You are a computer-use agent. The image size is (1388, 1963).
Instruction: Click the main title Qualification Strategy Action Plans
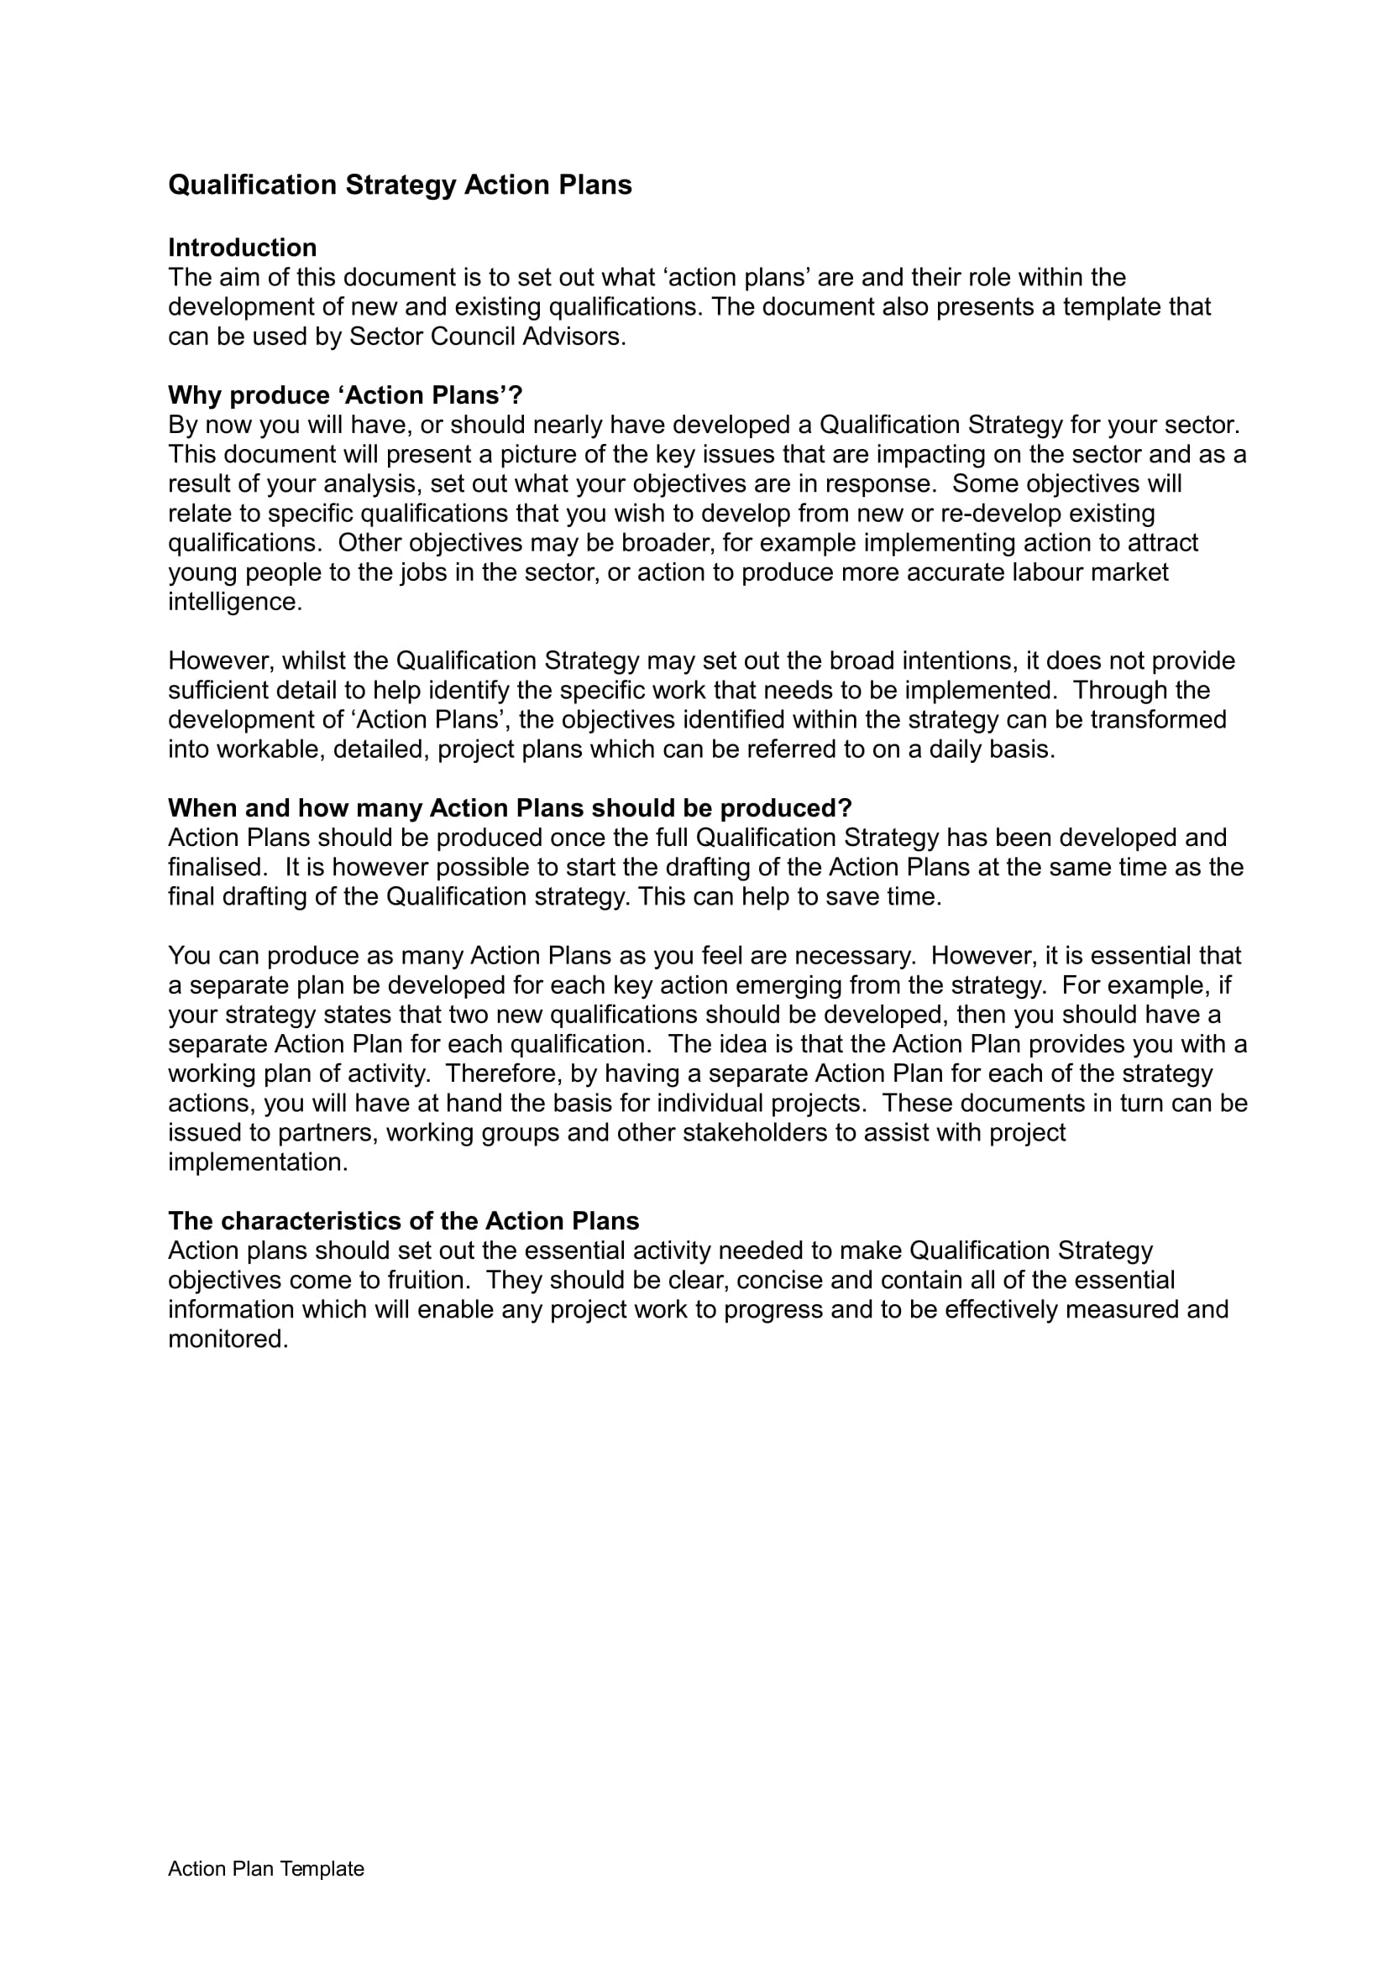(400, 185)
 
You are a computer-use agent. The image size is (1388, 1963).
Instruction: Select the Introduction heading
(242, 248)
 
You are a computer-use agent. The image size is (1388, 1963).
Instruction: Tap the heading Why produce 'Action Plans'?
(344, 395)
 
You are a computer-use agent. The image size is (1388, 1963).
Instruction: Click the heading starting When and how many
(510, 808)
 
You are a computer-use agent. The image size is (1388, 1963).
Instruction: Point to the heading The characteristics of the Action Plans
(403, 1221)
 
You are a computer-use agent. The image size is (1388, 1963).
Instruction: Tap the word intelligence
(234, 602)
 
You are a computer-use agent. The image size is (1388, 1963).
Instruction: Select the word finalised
(217, 868)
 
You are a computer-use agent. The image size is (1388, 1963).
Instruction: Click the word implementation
(258, 1162)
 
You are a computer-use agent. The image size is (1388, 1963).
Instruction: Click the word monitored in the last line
(227, 1339)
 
